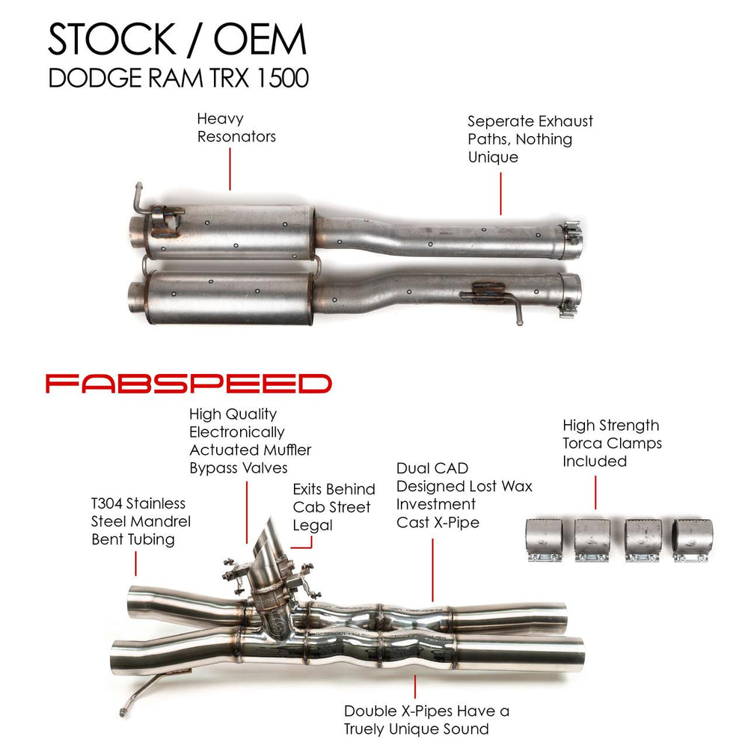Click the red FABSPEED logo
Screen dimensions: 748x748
[x=188, y=384]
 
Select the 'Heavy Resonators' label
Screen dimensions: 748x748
[x=236, y=127]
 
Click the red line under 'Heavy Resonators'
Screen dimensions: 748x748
[x=230, y=169]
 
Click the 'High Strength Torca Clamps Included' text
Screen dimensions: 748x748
[x=611, y=443]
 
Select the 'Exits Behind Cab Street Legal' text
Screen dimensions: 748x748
[x=334, y=507]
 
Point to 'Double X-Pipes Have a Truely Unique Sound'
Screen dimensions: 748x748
[x=426, y=720]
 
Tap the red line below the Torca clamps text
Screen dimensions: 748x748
[x=595, y=491]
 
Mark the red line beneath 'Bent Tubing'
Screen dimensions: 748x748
[x=136, y=563]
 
